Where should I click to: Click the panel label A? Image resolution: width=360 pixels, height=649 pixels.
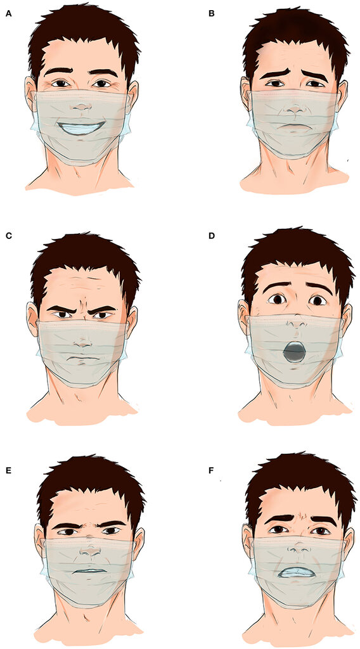8,14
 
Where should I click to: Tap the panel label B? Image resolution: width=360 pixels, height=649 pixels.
212,14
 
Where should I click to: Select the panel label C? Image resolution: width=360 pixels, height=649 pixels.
8,237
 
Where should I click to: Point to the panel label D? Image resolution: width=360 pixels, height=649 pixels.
212,237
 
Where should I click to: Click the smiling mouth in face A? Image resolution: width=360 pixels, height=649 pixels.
82,127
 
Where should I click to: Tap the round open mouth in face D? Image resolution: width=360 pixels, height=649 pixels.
294,352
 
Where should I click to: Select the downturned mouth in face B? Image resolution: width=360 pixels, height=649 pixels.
295,127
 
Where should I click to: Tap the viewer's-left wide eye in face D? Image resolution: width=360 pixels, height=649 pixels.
275,299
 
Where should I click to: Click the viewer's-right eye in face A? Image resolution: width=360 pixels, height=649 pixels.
102,84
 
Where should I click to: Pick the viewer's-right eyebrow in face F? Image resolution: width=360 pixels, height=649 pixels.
321,520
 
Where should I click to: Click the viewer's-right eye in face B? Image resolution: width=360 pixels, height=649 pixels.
316,84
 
